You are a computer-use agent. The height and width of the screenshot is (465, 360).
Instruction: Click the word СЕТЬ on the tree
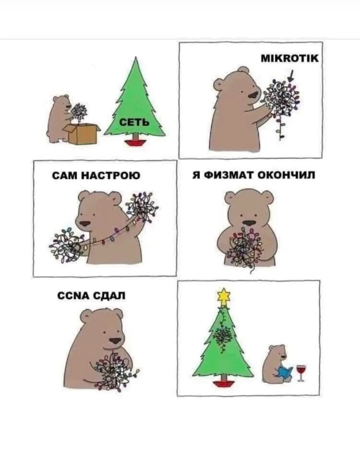click(x=134, y=123)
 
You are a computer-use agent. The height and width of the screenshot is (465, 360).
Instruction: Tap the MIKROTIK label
click(x=290, y=58)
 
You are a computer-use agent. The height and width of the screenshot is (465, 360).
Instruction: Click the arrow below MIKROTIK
click(x=291, y=76)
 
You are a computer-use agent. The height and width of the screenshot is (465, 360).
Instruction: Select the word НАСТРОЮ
click(x=112, y=176)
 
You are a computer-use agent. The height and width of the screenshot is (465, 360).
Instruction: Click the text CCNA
click(x=73, y=296)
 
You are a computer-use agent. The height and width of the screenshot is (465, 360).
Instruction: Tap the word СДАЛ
click(x=109, y=296)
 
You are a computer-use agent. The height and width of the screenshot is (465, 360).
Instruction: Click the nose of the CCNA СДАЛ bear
click(x=115, y=341)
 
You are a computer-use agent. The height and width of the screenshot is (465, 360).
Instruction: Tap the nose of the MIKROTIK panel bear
click(x=254, y=95)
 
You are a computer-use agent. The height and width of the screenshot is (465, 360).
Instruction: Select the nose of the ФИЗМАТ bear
click(x=250, y=223)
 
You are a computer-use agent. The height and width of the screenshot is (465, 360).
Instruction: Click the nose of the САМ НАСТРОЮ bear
click(x=85, y=224)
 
